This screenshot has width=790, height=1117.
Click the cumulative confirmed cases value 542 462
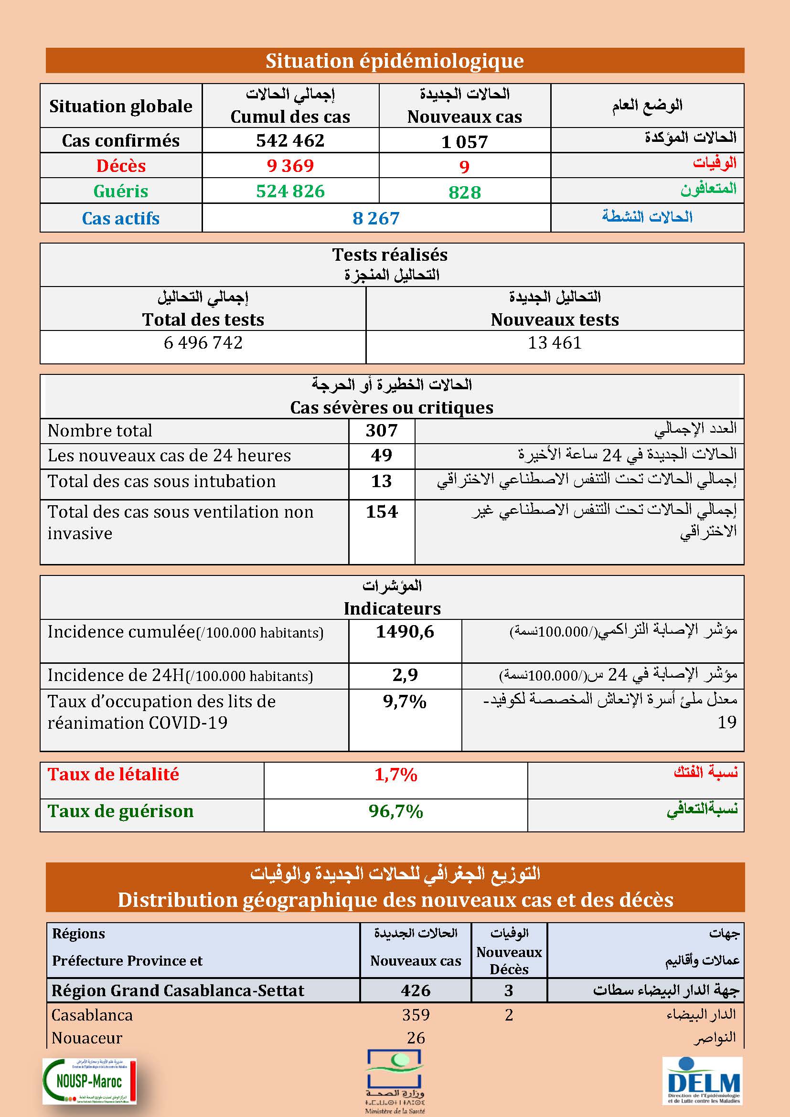coord(290,140)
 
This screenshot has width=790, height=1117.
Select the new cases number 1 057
coord(464,141)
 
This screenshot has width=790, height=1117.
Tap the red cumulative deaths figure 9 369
coord(290,166)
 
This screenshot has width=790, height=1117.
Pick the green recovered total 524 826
coord(290,191)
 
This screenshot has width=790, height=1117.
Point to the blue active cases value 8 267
coord(376,218)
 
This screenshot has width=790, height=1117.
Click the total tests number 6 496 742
coord(203,342)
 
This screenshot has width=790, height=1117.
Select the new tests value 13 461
coord(555,342)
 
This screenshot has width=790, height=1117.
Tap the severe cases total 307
coord(381,431)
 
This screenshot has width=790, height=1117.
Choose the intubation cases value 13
coord(381,481)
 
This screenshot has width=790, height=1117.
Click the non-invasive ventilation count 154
coord(381,512)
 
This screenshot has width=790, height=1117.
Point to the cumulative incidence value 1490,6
coord(405,631)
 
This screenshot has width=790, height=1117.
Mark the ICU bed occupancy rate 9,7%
coord(405,702)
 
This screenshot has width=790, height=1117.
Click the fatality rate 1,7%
coord(395,775)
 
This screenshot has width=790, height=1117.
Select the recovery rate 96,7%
coord(395,811)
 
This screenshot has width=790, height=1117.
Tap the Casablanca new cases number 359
coord(416,1015)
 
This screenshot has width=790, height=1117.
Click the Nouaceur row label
coord(86,1038)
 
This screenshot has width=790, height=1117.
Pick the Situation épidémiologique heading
coord(395,61)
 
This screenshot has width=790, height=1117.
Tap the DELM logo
coord(703,1087)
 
